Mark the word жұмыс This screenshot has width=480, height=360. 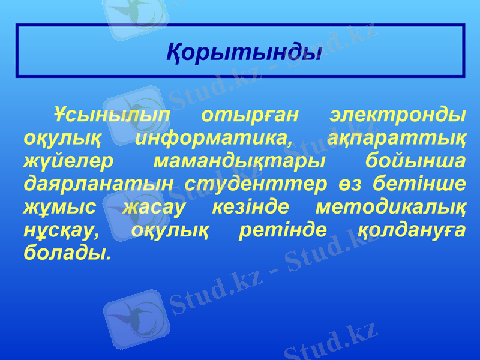pyautogui.click(x=59, y=207)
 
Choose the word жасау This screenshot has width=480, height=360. pyautogui.click(x=154, y=207)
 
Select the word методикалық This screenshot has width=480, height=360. pyautogui.click(x=391, y=207)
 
